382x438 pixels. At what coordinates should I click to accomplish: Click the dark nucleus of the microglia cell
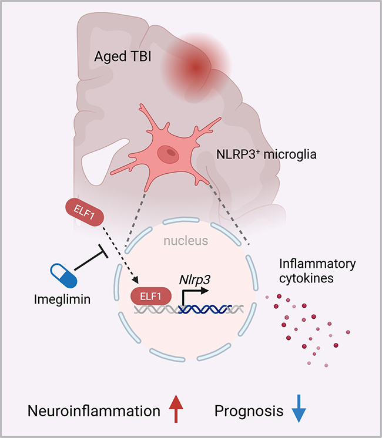pos(171,153)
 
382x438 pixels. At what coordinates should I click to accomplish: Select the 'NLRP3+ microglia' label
pos(254,157)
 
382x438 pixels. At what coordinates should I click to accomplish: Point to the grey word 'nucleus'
pos(186,241)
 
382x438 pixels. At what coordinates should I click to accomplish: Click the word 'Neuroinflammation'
pos(94,411)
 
